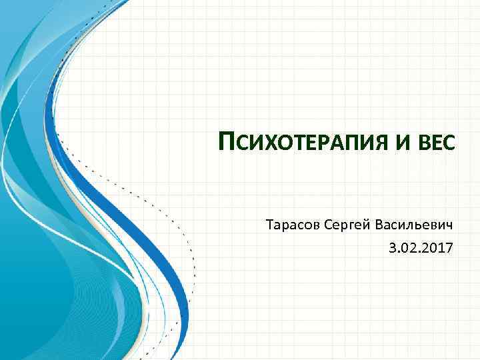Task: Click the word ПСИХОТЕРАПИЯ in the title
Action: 305,142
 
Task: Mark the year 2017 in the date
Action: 438,249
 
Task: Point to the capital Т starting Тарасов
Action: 269,225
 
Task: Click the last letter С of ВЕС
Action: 449,143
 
